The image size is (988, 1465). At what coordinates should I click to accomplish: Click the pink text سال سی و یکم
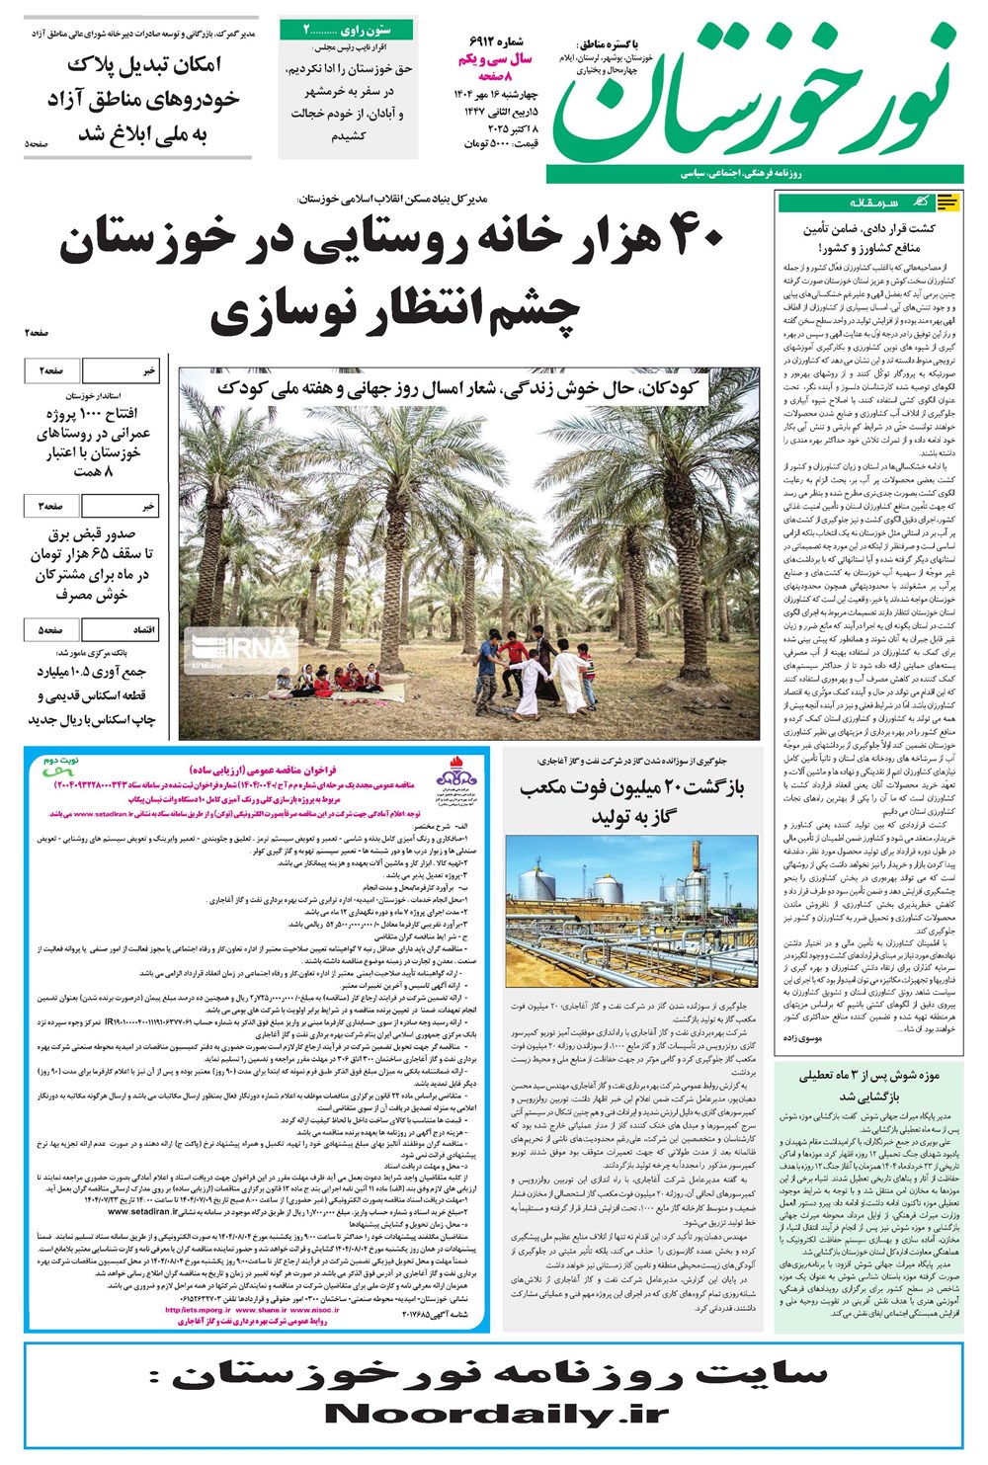[x=494, y=59]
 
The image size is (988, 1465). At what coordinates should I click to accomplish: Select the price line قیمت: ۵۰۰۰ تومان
[x=500, y=144]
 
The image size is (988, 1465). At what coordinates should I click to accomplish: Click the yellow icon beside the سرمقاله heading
[x=947, y=203]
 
